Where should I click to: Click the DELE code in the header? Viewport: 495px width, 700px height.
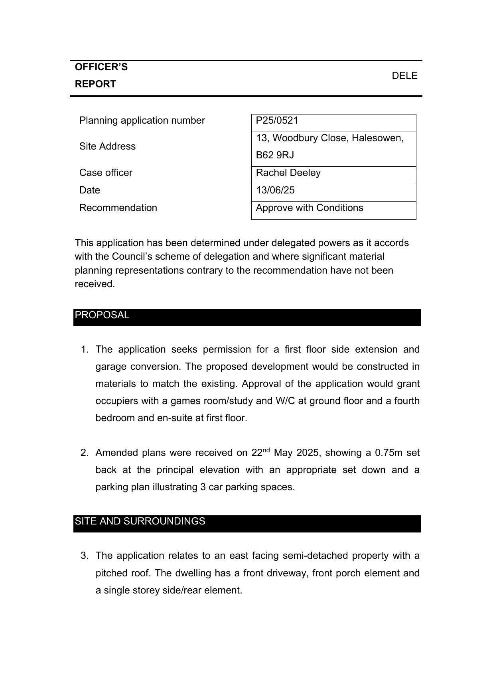[x=404, y=76]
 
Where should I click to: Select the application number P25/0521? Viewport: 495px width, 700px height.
[x=277, y=120]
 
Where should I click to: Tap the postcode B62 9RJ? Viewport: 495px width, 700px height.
[x=275, y=155]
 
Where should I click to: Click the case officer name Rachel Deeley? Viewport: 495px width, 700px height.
[x=288, y=173]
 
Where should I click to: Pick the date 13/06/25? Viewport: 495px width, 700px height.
[x=275, y=190]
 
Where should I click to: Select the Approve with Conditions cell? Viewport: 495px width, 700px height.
[x=309, y=208]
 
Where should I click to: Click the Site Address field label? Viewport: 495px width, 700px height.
[x=107, y=146]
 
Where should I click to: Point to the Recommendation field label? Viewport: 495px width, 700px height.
[x=118, y=208]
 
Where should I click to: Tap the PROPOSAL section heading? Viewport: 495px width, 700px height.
[x=102, y=315]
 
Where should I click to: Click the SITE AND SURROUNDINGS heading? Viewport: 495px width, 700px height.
[x=140, y=521]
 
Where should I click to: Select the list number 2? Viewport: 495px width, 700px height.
[x=84, y=453]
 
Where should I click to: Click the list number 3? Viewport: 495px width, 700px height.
[x=84, y=556]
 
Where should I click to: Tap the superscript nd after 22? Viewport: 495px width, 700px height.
[x=266, y=450]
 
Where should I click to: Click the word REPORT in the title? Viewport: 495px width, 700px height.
[x=95, y=84]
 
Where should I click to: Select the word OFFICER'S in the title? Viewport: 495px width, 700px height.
[x=101, y=67]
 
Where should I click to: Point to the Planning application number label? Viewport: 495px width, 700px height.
[x=142, y=120]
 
